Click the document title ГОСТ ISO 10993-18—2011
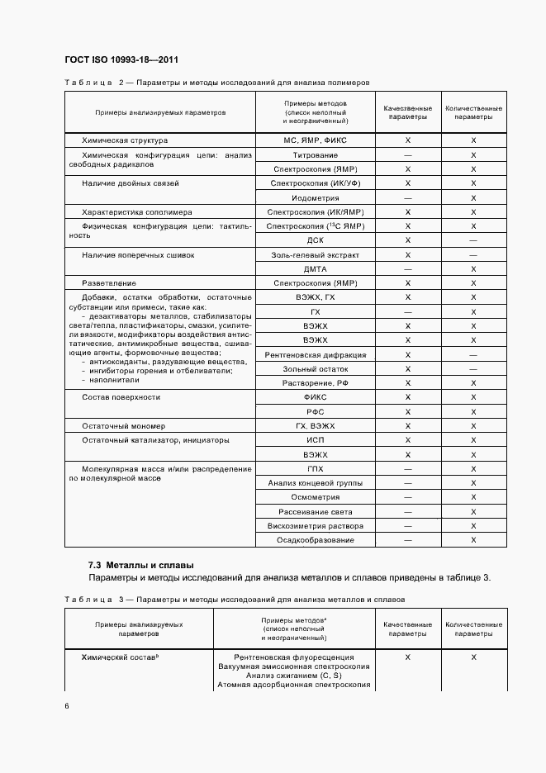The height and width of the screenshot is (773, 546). coord(121,60)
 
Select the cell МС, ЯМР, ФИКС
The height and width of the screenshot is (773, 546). coord(315,140)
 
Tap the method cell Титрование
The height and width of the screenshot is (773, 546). coord(315,155)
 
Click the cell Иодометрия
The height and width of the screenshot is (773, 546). coord(315,198)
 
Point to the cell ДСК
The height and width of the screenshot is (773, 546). coord(315,240)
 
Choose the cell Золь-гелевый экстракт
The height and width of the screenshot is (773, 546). coord(315,255)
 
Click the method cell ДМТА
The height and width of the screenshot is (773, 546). coord(315,269)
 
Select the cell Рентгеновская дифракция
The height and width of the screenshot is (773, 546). coord(315,354)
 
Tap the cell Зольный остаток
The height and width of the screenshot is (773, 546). coord(315,369)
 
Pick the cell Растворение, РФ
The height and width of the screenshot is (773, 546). coord(315,383)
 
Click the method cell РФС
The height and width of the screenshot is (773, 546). coord(315,411)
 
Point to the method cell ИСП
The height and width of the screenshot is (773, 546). coord(315,440)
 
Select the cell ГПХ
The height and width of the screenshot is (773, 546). coord(315,468)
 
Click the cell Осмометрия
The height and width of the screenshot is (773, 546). coord(315,497)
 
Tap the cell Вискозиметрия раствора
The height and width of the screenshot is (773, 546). coord(315,525)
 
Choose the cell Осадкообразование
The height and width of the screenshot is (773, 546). coord(315,540)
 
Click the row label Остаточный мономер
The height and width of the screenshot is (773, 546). coord(123,426)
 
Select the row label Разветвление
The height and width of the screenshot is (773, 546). coord(109,283)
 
